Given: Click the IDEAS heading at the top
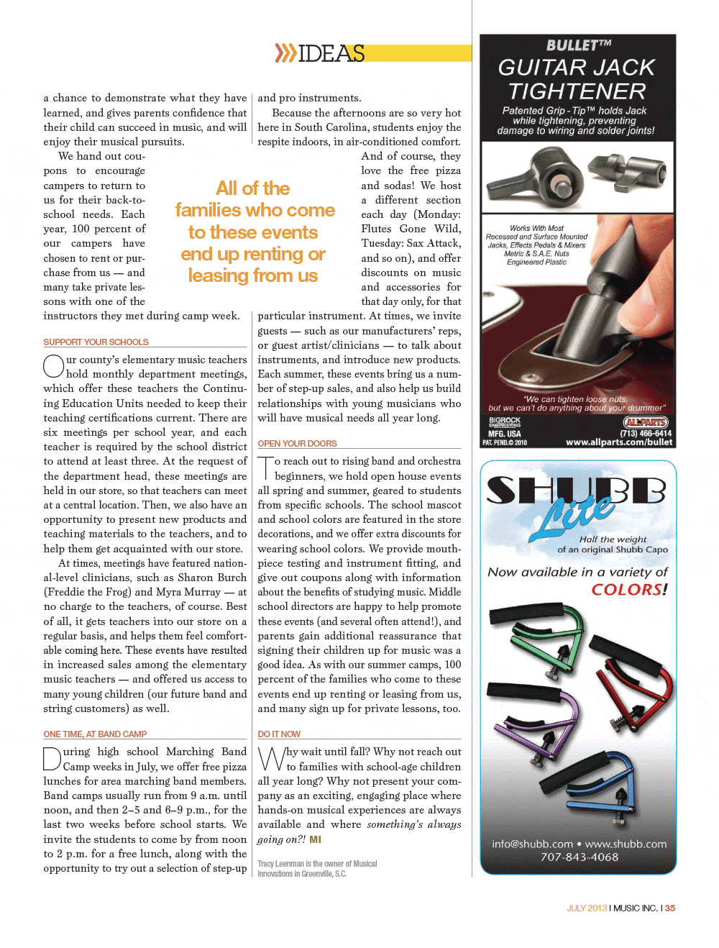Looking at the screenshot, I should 331,53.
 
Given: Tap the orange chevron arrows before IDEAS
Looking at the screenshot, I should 285,53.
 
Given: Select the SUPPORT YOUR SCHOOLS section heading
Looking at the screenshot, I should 96,342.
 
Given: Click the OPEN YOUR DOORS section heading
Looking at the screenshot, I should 297,444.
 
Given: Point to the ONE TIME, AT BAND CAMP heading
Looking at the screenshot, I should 95,734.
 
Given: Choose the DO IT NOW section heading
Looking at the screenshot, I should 279,734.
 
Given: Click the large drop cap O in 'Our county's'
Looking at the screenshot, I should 54,366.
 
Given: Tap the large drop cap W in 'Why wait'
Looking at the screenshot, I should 271,759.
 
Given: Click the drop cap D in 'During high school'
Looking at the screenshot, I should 52,759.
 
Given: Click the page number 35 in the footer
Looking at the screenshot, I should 670,908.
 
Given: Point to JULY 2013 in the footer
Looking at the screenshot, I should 587,908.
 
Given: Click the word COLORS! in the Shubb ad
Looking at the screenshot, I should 629,590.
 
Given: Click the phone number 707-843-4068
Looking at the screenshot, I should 580,857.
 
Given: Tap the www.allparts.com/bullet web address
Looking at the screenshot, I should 618,442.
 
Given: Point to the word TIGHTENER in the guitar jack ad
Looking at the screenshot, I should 577,92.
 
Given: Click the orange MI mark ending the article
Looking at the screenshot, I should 316,839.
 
